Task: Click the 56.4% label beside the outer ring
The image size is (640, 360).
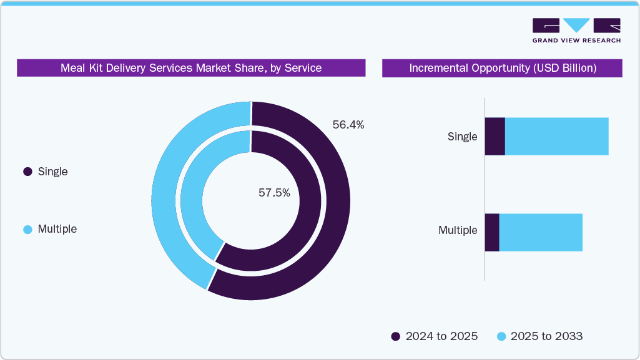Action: click(x=348, y=125)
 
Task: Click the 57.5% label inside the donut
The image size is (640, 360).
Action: click(x=274, y=193)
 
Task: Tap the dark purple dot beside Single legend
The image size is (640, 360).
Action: click(x=27, y=172)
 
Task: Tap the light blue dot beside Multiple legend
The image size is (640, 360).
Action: click(x=27, y=230)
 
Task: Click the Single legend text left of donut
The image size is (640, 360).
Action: click(x=52, y=172)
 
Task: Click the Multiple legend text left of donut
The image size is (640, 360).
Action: click(x=57, y=229)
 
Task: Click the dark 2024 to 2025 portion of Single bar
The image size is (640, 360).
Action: click(x=495, y=137)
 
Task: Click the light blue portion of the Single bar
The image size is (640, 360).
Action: click(x=556, y=137)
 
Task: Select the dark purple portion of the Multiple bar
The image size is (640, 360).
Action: click(x=492, y=233)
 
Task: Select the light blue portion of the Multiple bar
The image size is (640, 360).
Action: click(x=540, y=233)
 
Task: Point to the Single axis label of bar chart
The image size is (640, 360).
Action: click(x=462, y=137)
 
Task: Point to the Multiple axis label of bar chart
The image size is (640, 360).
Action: click(x=458, y=230)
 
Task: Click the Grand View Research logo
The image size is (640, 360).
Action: click(x=576, y=30)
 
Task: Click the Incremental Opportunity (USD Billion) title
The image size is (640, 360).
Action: click(x=502, y=68)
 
